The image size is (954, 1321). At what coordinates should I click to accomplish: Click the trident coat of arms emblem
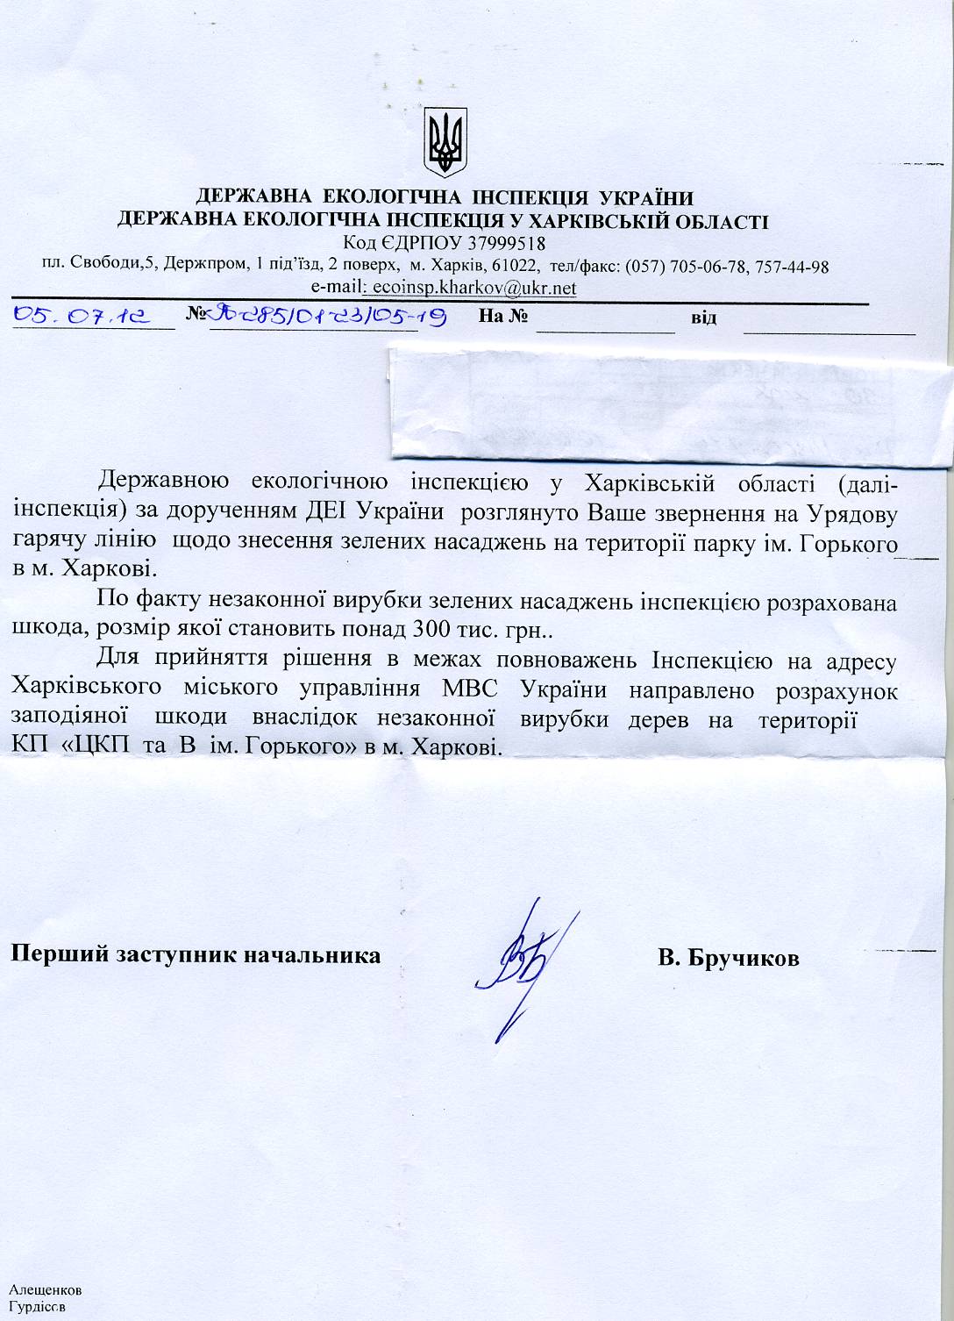[445, 141]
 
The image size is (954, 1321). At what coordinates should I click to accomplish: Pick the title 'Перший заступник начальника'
[195, 954]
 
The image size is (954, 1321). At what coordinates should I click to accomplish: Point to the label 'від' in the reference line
[703, 318]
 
